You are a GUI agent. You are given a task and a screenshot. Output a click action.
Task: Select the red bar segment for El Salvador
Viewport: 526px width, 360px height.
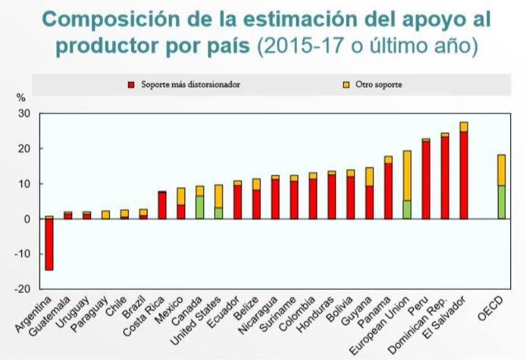pos(464,175)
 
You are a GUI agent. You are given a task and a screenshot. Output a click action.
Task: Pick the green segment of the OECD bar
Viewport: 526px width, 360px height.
pos(502,202)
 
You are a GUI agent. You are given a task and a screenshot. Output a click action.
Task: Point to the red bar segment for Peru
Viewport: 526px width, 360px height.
pos(426,179)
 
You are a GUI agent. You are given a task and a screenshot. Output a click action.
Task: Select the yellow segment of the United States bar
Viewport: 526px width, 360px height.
pos(218,196)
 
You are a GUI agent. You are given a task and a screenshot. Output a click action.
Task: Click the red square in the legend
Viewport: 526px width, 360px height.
pos(131,85)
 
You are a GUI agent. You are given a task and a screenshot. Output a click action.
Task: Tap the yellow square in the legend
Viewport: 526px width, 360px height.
pos(345,85)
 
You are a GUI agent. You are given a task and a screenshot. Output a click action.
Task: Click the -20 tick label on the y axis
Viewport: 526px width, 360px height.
pos(23,289)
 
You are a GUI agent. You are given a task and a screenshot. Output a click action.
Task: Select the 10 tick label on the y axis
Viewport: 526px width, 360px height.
pos(24,184)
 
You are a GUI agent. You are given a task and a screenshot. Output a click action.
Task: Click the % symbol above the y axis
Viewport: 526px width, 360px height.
pos(21,98)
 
